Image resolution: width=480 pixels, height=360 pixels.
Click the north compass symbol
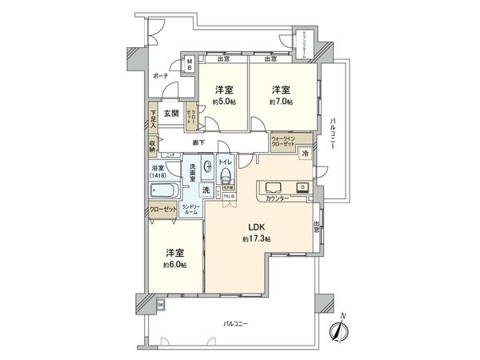tap(340, 328)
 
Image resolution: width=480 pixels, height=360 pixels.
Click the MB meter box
tap(189, 66)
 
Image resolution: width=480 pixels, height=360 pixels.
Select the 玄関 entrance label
tap(171, 114)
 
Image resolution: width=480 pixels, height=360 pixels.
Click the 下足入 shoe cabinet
tap(152, 120)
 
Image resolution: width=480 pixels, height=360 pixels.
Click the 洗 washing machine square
tap(206, 190)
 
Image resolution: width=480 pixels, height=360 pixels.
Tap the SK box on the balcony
tap(160, 305)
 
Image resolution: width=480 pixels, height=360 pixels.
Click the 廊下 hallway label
tap(198, 142)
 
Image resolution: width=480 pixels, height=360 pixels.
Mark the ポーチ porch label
tap(160, 77)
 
